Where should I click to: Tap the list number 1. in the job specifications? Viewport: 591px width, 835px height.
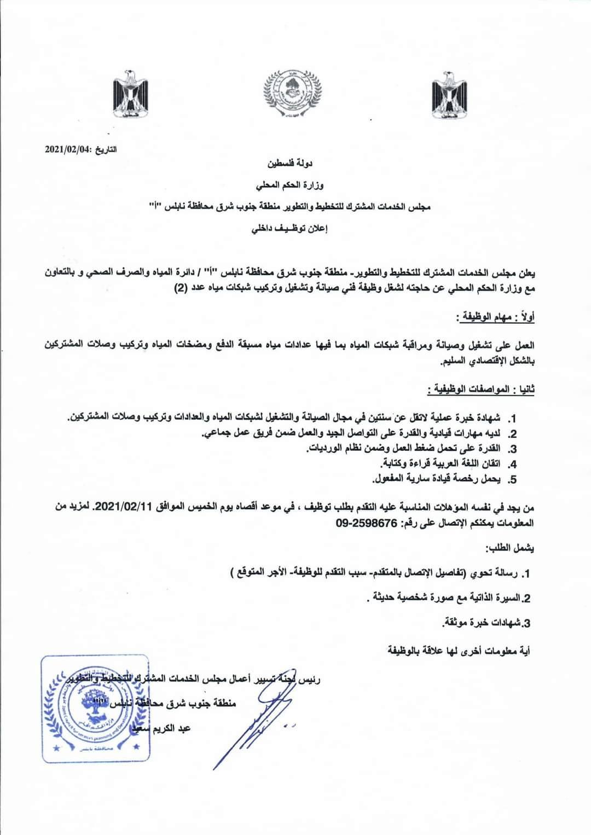coord(512,419)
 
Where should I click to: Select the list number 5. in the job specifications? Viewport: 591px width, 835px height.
coord(512,480)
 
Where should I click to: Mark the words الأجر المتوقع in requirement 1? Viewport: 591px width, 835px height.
coord(257,573)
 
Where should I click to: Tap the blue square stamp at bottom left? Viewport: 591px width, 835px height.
coord(96,710)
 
